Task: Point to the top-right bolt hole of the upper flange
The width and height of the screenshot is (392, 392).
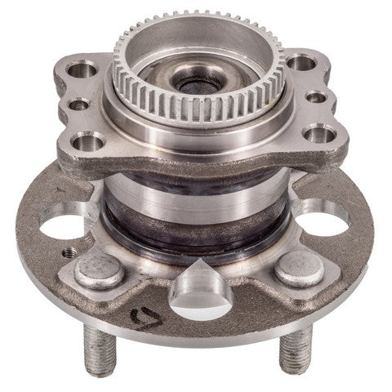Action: point(304,62)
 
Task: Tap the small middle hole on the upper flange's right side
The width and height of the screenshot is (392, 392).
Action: point(314,101)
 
